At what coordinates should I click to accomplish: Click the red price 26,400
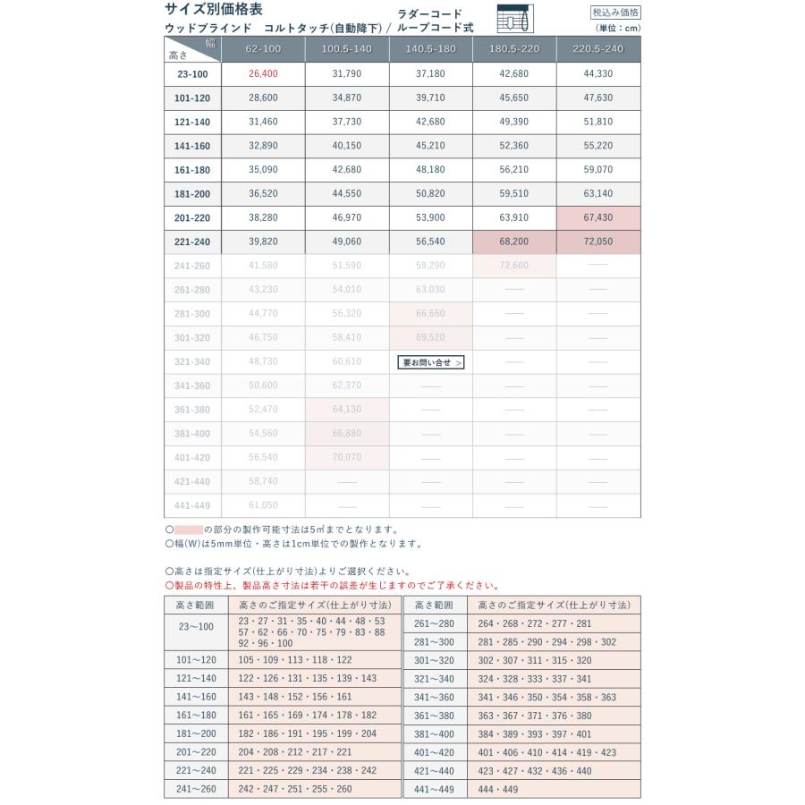264,73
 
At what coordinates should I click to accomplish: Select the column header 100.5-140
347,48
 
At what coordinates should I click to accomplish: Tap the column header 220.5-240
597,48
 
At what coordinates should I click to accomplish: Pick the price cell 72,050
597,241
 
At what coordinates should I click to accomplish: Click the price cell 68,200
514,241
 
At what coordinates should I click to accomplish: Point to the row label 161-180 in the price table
192,169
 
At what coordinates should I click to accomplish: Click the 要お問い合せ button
431,362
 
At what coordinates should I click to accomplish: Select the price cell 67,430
597,217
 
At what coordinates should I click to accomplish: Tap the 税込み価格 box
616,13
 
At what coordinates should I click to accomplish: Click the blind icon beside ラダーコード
514,20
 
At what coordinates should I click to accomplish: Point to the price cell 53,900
431,217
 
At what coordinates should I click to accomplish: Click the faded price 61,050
264,505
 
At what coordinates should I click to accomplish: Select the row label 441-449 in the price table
192,505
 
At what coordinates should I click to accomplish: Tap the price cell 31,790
347,73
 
